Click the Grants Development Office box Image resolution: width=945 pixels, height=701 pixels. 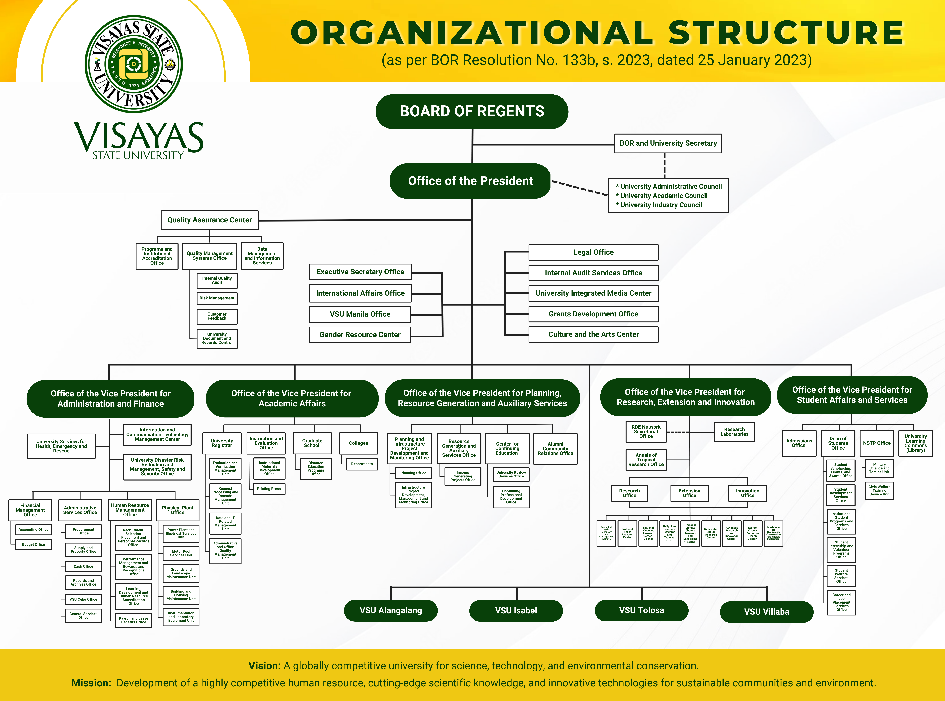[593, 314]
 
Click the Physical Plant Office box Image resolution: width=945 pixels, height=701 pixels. [177, 510]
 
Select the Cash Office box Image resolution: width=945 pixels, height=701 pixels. [83, 566]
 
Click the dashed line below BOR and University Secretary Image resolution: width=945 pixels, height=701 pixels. [664, 166]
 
